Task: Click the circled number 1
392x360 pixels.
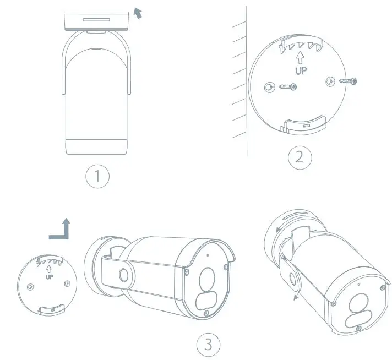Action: click(97, 176)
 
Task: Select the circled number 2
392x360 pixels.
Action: click(300, 157)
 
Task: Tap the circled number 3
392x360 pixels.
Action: click(208, 345)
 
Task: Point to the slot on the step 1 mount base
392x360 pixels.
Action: click(96, 19)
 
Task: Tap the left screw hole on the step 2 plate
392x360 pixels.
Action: click(269, 86)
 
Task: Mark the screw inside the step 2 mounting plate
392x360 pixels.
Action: click(287, 86)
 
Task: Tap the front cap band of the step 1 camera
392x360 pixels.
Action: click(96, 147)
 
